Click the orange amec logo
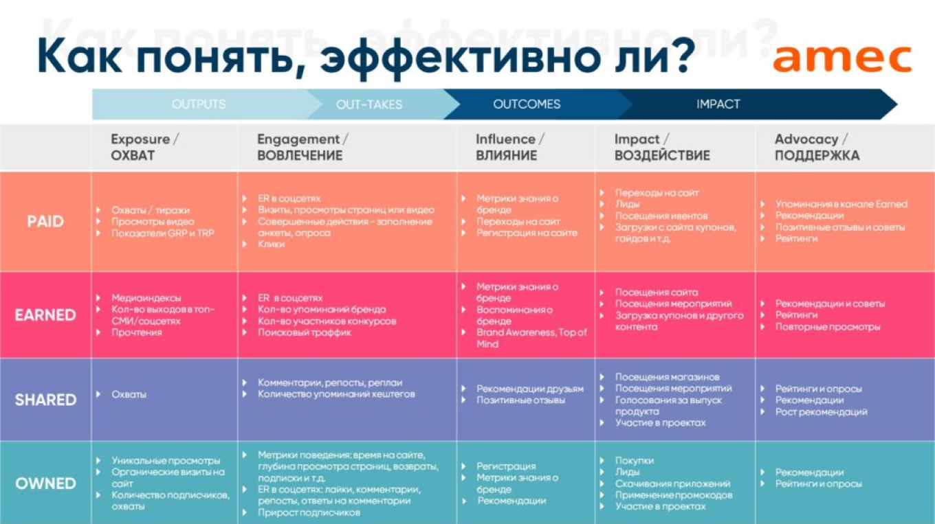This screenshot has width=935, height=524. (841, 59)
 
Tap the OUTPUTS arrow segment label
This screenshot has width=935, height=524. (199, 104)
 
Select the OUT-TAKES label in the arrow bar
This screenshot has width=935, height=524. (369, 105)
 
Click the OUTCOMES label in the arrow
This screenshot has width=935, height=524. (527, 104)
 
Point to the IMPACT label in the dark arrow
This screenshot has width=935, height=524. (718, 104)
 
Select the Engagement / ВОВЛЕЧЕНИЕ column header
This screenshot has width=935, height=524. (302, 147)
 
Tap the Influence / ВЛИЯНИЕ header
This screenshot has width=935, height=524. (509, 147)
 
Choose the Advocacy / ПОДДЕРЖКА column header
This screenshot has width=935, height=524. (817, 147)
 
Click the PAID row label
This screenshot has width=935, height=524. (45, 221)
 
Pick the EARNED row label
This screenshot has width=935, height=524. (45, 315)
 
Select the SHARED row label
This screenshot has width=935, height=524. (45, 400)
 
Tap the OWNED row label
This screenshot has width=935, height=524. (45, 483)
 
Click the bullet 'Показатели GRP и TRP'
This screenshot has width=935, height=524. (163, 233)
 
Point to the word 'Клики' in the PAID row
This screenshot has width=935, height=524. (272, 244)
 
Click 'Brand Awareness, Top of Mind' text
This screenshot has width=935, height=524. (531, 338)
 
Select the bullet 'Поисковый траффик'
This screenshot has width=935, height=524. (305, 332)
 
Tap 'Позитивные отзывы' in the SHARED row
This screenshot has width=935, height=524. (521, 400)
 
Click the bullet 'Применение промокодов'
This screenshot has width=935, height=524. (674, 495)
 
